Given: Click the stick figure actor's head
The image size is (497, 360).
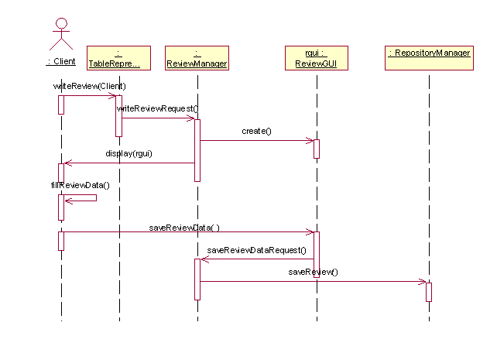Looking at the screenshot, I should [60, 23].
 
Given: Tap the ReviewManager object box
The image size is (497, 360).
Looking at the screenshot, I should [197, 59].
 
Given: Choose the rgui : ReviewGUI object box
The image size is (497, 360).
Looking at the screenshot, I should [316, 59].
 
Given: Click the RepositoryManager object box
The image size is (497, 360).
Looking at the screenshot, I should [429, 59].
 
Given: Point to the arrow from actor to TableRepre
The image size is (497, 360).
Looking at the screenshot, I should [89, 96].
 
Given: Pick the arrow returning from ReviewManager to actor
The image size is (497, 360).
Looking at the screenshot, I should [129, 163].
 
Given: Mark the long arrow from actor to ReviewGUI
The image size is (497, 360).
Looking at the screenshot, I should [186, 231].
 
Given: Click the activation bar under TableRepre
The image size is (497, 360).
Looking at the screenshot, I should [118, 116].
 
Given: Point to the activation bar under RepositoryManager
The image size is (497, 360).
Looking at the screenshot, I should [428, 292].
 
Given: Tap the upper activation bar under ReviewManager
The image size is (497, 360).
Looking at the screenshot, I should [197, 150].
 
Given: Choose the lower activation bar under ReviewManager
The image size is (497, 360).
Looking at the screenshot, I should [197, 279].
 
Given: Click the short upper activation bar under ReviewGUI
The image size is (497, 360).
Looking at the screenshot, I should [317, 149].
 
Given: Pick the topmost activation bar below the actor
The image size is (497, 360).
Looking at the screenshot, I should [61, 105].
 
